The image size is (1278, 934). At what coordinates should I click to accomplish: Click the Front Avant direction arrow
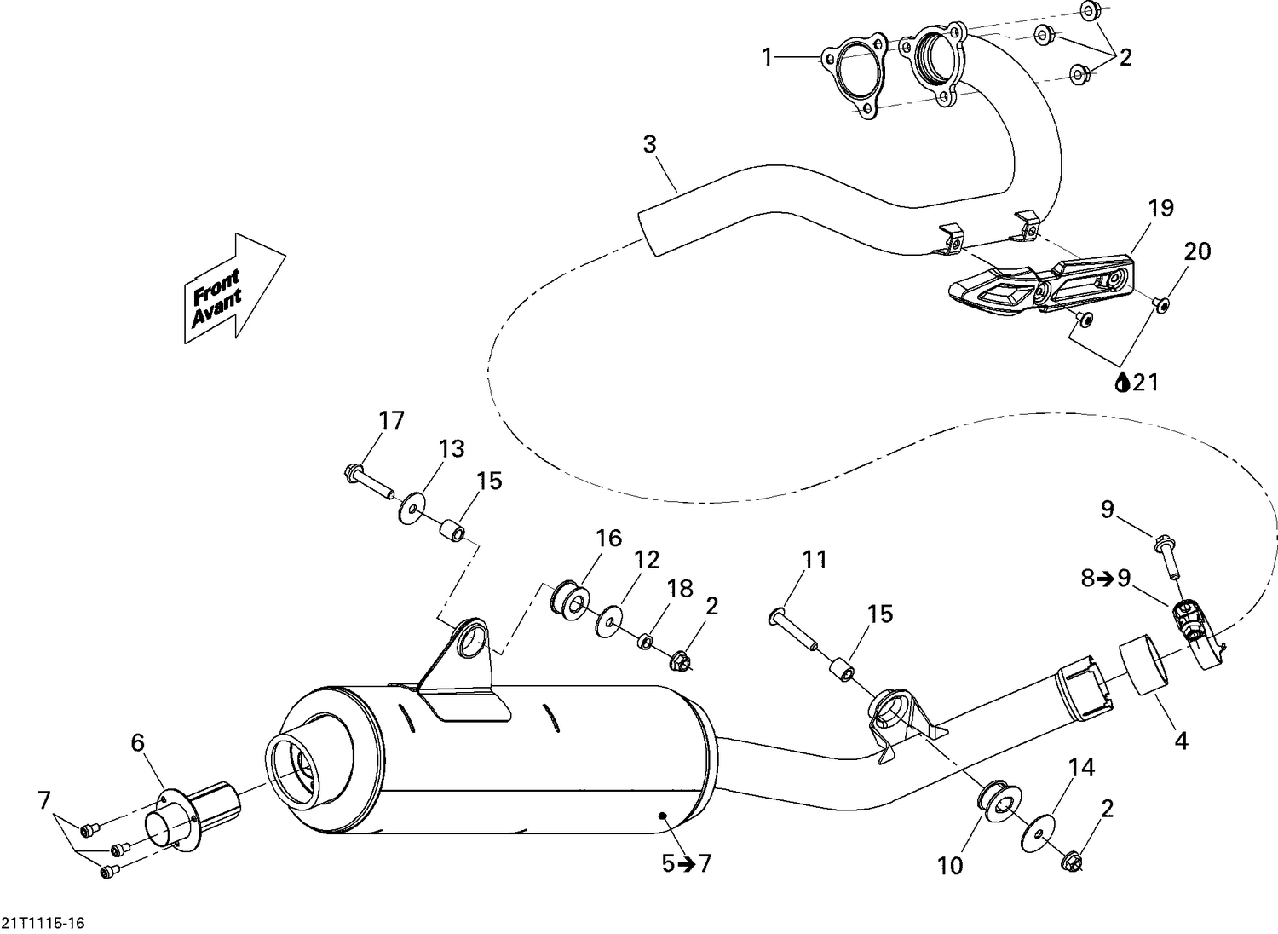point(233,288)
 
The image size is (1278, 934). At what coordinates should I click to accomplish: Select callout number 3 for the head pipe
point(650,145)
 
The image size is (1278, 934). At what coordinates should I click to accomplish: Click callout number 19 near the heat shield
point(1160,208)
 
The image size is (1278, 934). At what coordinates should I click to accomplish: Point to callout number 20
point(1196,251)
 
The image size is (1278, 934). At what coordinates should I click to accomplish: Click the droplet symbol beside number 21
point(1122,383)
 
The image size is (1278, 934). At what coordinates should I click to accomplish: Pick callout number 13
point(452,448)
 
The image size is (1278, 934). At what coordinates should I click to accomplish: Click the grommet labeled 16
point(570,600)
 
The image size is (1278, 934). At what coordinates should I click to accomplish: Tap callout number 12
point(647,560)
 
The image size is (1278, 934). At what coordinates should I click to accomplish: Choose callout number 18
point(680,589)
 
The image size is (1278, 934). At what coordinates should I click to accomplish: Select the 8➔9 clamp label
point(1106,578)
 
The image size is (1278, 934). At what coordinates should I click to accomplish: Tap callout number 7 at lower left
point(44,800)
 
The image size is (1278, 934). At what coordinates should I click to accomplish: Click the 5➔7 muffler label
point(686,863)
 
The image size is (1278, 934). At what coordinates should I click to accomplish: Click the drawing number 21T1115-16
point(43,923)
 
